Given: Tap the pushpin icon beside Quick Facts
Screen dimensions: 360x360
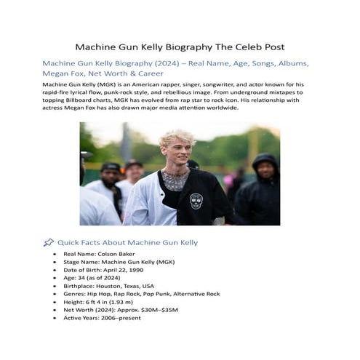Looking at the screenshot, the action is point(49,242).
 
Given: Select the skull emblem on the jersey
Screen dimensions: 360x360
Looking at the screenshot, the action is point(196,200).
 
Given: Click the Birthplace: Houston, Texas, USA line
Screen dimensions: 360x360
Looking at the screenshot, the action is point(109,286).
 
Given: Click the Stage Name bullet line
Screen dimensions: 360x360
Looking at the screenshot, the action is point(110,262).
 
